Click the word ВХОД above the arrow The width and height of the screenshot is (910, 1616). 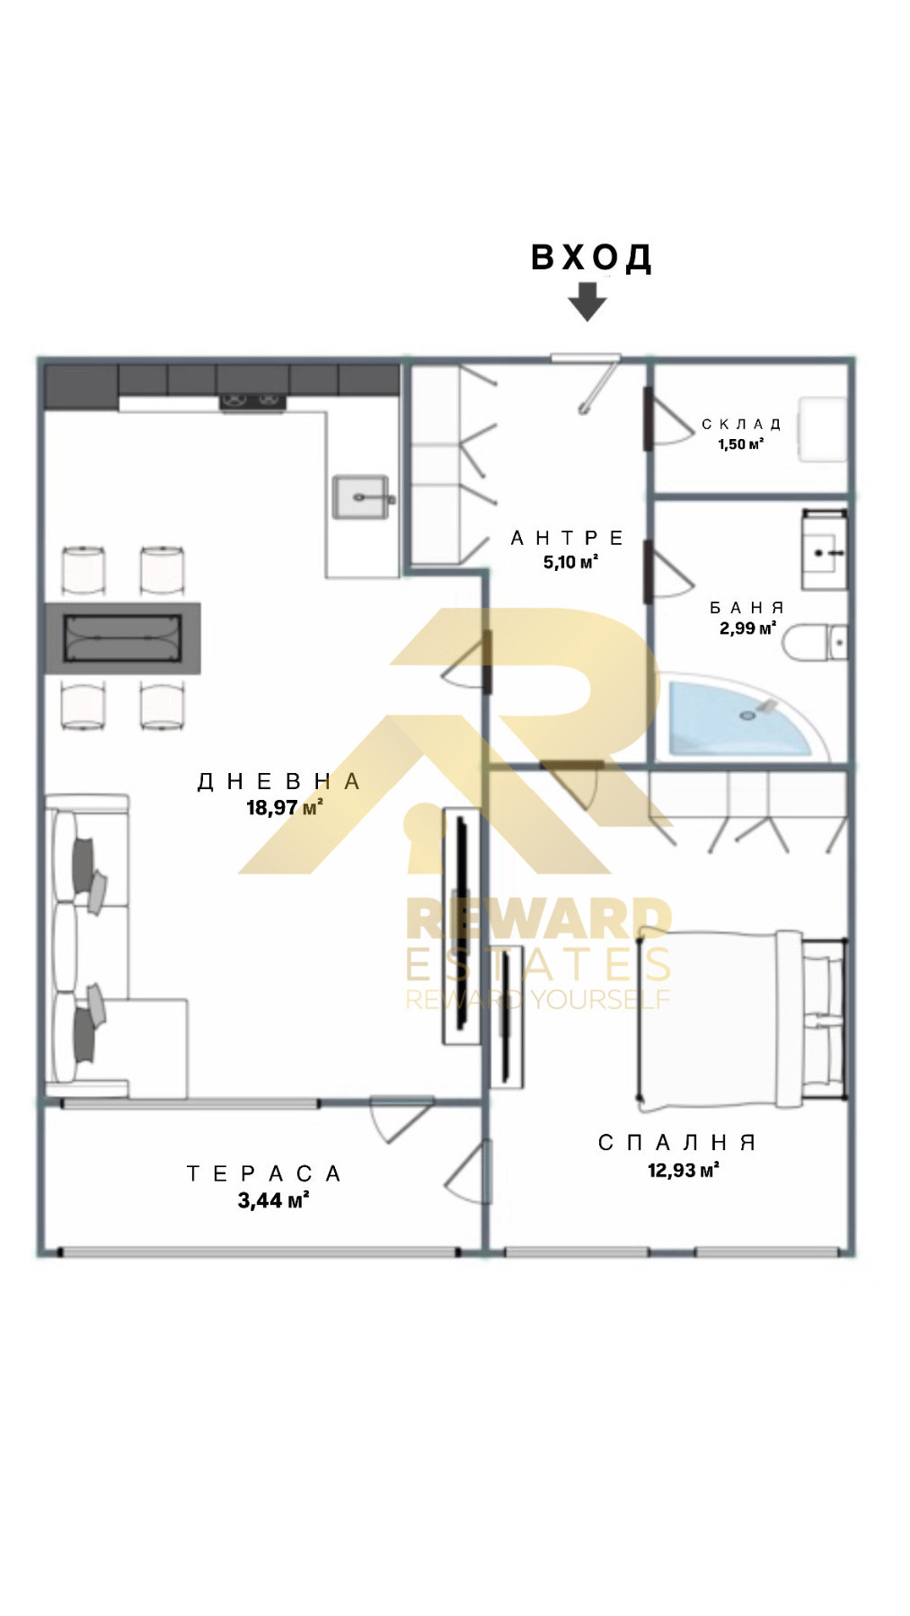[x=591, y=258]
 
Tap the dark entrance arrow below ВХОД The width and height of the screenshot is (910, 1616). [x=588, y=302]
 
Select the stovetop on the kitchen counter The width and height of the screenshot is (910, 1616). [x=253, y=402]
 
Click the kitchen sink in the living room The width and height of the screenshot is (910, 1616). [x=364, y=496]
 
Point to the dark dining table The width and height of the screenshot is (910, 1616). [x=123, y=638]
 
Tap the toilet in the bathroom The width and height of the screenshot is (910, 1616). [x=815, y=643]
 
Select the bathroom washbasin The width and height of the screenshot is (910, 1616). [x=824, y=550]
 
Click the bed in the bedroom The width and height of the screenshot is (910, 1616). [x=742, y=1015]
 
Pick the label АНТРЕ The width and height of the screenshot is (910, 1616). [x=568, y=538]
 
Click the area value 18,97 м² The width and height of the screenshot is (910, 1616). [x=285, y=808]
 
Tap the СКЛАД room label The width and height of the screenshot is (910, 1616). [x=742, y=424]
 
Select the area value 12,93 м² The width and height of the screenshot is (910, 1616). [x=684, y=1170]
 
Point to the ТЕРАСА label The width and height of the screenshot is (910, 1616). [x=264, y=1173]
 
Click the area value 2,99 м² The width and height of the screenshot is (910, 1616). [x=747, y=628]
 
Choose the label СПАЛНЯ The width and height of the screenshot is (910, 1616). [x=677, y=1142]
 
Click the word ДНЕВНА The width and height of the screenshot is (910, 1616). [x=279, y=781]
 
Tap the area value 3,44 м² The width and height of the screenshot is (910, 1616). [x=274, y=1200]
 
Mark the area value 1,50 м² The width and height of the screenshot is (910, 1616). [x=741, y=444]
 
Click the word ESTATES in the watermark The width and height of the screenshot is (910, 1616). [x=539, y=964]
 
